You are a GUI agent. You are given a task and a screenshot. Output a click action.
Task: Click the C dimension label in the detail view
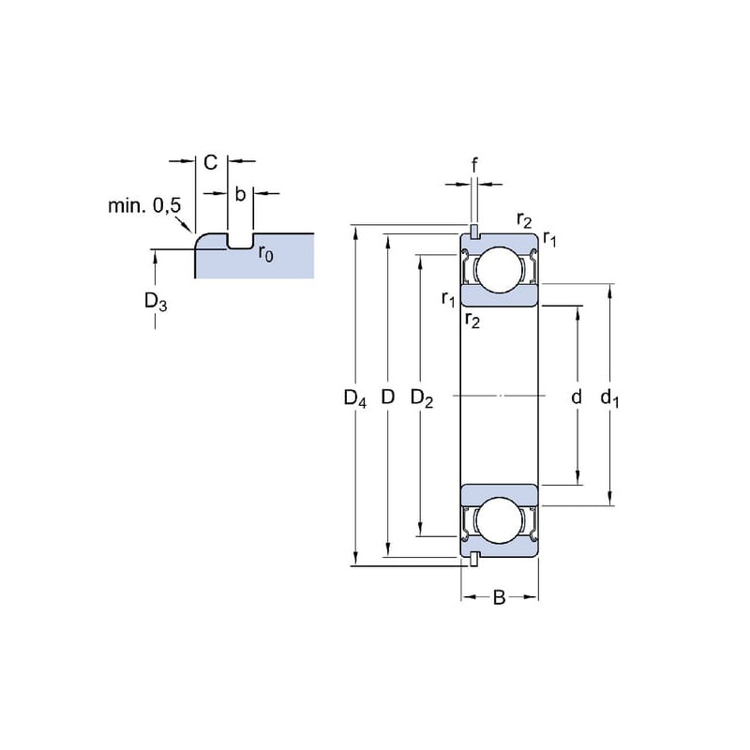pyautogui.click(x=211, y=162)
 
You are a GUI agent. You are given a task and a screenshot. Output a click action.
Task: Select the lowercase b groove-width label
pyautogui.click(x=240, y=194)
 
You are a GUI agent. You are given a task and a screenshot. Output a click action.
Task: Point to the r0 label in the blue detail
pyautogui.click(x=266, y=254)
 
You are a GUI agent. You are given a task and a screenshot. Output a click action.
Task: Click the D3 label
pyautogui.click(x=156, y=302)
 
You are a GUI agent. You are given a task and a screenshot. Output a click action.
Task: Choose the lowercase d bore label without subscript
pyautogui.click(x=577, y=397)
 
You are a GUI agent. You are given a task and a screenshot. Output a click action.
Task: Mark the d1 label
pyautogui.click(x=609, y=397)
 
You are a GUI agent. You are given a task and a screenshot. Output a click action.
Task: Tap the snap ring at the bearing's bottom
pyautogui.click(x=474, y=561)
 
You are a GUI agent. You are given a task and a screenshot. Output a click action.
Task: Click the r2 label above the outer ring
pyautogui.click(x=524, y=222)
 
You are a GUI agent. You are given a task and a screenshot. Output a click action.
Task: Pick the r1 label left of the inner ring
pyautogui.click(x=448, y=299)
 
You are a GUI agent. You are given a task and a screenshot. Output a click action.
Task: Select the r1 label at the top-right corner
pyautogui.click(x=550, y=241)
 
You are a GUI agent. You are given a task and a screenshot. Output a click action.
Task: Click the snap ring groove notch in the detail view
pyautogui.click(x=240, y=244)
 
